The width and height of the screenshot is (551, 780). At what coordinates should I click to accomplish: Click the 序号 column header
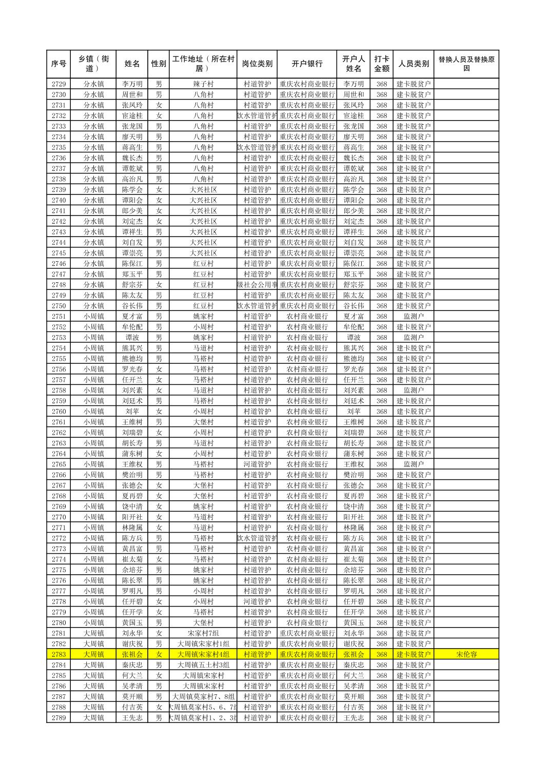pyautogui.click(x=58, y=64)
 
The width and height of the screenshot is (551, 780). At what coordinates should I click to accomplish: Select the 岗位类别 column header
pyautogui.click(x=257, y=64)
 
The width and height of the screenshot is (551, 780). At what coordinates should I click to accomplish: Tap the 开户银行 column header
pyautogui.click(x=307, y=64)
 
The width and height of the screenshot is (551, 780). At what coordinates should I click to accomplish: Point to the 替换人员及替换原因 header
pyautogui.click(x=466, y=64)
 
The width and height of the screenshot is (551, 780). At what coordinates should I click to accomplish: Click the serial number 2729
pyautogui.click(x=58, y=84)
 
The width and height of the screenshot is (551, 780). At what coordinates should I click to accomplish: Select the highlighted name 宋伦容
pyautogui.click(x=466, y=654)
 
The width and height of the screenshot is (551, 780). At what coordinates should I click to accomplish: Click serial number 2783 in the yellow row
pyautogui.click(x=58, y=654)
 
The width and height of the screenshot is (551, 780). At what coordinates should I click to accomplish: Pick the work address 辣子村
pyautogui.click(x=203, y=84)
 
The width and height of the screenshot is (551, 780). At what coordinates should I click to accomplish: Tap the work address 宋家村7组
pyautogui.click(x=203, y=633)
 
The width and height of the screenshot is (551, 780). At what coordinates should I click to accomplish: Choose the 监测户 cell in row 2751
pyautogui.click(x=414, y=317)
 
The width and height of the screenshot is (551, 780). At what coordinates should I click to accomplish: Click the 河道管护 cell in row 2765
pyautogui.click(x=257, y=464)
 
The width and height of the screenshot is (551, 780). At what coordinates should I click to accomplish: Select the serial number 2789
pyautogui.click(x=58, y=718)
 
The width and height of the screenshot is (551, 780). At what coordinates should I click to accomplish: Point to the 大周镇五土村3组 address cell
pyautogui.click(x=203, y=665)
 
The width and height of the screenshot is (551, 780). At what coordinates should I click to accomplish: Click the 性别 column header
pyautogui.click(x=159, y=64)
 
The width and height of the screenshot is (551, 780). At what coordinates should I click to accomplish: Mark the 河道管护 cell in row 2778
pyautogui.click(x=257, y=601)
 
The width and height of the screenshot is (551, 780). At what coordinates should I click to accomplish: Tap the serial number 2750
pyautogui.click(x=58, y=306)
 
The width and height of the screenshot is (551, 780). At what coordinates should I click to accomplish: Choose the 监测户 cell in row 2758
pyautogui.click(x=414, y=391)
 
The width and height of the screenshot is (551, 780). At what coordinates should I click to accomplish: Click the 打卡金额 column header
pyautogui.click(x=381, y=64)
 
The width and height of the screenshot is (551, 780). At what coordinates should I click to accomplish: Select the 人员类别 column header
pyautogui.click(x=414, y=64)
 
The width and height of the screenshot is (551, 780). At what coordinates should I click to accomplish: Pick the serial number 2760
pyautogui.click(x=58, y=412)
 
